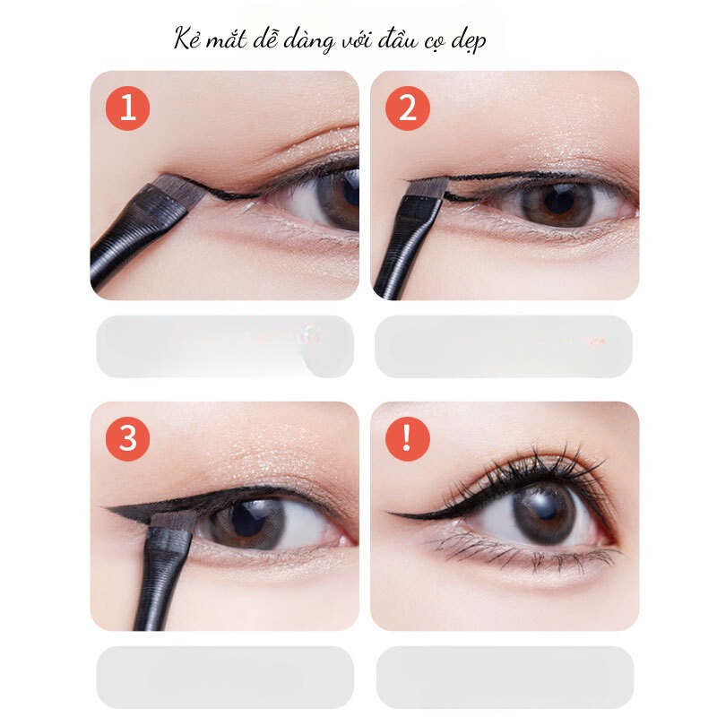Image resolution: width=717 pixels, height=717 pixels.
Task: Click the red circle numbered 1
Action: pyautogui.click(x=127, y=108)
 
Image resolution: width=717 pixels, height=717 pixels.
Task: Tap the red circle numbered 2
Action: pyautogui.click(x=408, y=108)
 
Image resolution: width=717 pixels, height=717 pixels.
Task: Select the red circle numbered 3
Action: pyautogui.click(x=127, y=438)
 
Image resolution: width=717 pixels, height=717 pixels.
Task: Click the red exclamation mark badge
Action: pyautogui.click(x=408, y=438)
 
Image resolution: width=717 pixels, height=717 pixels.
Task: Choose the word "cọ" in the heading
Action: pyautogui.click(x=434, y=43)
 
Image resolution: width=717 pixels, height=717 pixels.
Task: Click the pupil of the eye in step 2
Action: pyautogui.click(x=559, y=200)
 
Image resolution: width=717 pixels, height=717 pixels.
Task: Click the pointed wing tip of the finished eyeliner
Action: pyautogui.click(x=386, y=512)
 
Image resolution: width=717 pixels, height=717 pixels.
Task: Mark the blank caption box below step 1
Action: pyautogui.click(x=225, y=346)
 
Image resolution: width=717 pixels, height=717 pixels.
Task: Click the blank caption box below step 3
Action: pyautogui.click(x=225, y=678)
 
